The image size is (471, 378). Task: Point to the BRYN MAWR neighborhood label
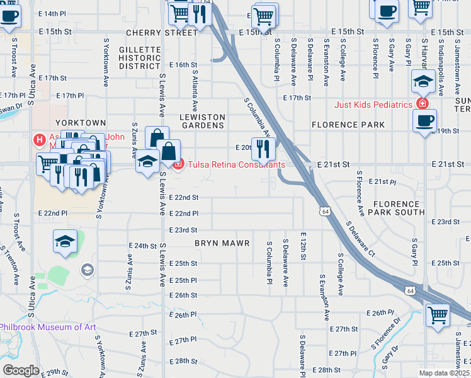(222, 243)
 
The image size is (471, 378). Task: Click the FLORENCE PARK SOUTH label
(399, 208)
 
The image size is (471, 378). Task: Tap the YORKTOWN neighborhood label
(80, 122)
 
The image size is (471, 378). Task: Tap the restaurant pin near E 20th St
(263, 149)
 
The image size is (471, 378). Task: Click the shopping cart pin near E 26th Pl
(438, 314)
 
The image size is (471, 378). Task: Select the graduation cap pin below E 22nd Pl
(65, 241)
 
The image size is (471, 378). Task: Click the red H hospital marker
(40, 139)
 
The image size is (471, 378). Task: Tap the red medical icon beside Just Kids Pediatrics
(422, 104)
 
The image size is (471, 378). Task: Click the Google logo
(21, 370)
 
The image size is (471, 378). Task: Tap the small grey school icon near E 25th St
(87, 270)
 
